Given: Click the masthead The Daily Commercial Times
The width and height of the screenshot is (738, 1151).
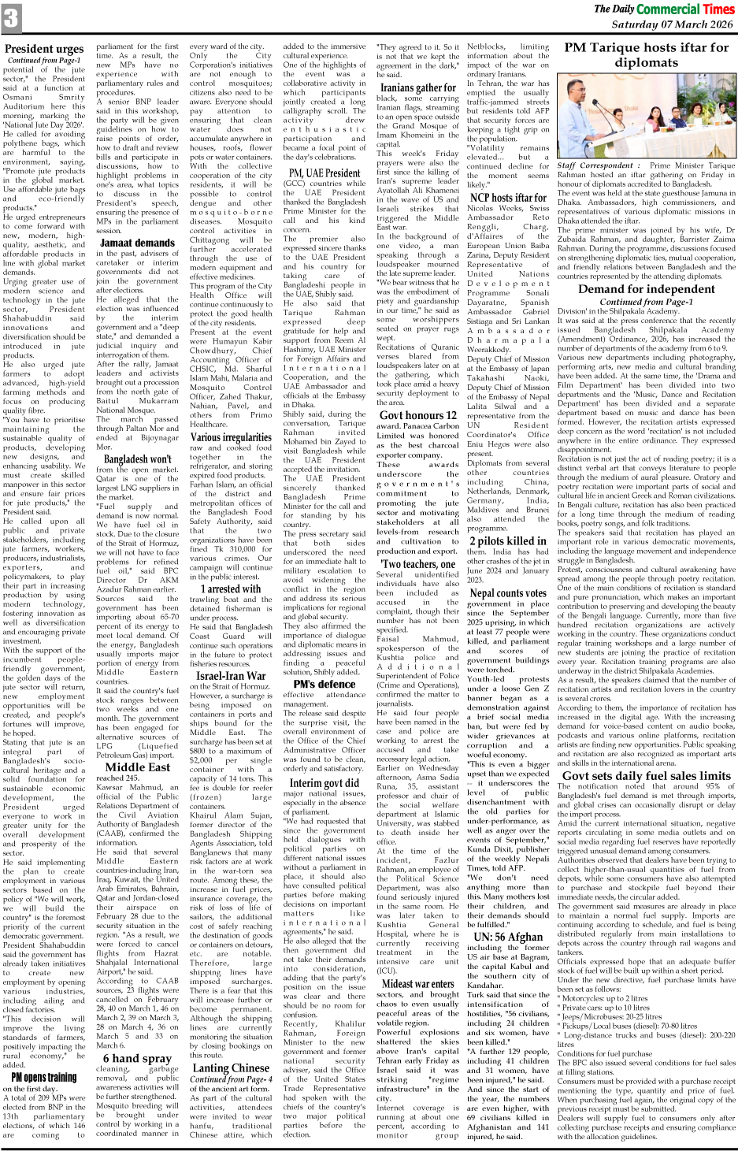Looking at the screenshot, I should [663, 9].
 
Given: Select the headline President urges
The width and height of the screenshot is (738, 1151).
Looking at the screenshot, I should [44, 49].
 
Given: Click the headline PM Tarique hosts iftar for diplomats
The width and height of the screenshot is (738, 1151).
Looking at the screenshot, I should [647, 54].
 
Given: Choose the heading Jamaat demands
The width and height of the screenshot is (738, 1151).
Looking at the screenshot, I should [137, 243].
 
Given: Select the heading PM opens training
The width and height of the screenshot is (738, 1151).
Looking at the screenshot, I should [44, 1077].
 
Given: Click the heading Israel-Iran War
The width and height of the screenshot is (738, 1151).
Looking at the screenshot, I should [231, 675].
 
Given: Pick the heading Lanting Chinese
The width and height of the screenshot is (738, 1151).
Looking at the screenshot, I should [231, 1067].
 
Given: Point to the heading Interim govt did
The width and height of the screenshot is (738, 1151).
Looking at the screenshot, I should [324, 783].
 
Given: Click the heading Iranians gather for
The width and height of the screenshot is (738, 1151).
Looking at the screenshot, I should [417, 87].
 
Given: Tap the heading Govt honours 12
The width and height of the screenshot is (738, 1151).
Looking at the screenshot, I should [417, 415].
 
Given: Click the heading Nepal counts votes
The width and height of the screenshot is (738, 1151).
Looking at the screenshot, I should [508, 592].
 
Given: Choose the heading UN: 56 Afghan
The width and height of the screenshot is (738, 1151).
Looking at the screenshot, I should [508, 937].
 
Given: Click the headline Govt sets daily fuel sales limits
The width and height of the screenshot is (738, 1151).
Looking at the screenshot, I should [647, 775].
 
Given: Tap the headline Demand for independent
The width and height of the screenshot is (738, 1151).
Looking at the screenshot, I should [647, 288].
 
